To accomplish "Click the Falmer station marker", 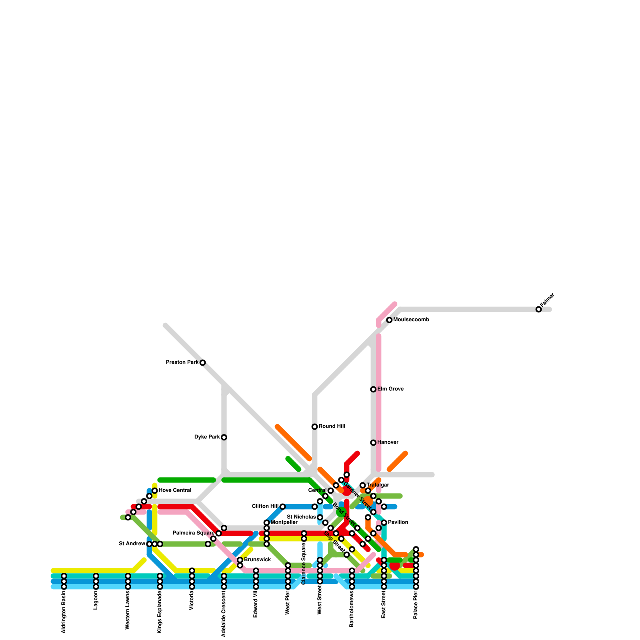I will (x=538, y=309).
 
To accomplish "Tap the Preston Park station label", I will (x=182, y=362).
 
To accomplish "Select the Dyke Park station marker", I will (x=224, y=437).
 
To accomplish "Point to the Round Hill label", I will (x=332, y=426).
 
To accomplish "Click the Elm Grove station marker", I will (x=373, y=389).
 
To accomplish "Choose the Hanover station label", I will (x=388, y=442).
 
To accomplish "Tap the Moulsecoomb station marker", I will (x=389, y=320).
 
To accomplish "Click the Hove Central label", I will (x=175, y=490).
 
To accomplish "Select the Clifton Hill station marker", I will (x=282, y=506).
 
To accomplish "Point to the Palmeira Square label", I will (x=194, y=533).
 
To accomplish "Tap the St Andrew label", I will (x=132, y=544).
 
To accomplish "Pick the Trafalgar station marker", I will (x=362, y=485).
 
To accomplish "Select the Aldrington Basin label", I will (x=64, y=612).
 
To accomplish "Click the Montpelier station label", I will (x=284, y=522).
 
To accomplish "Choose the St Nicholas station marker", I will (x=320, y=517).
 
